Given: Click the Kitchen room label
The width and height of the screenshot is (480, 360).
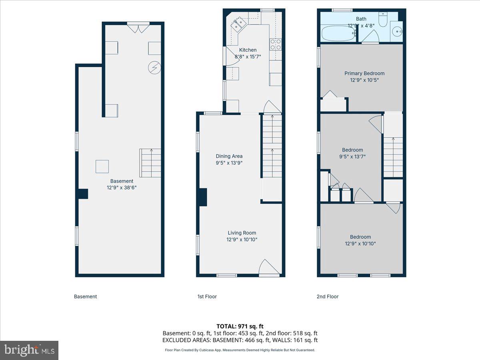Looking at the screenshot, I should point(248,50).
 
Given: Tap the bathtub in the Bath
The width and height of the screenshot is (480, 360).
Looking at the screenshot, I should point(338,34).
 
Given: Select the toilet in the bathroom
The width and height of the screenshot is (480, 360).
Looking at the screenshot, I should point(383,20).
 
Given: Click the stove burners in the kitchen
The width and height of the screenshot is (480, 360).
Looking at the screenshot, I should point(276,44).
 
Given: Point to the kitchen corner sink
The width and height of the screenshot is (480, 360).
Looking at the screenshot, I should point(239,24).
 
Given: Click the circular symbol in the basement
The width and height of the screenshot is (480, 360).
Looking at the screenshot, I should point(154,68).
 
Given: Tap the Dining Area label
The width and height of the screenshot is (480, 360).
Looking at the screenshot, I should point(229,156).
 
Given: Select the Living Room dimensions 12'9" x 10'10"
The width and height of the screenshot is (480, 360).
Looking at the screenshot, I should point(242,240).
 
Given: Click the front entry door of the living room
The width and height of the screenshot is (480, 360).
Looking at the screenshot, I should point(269,268).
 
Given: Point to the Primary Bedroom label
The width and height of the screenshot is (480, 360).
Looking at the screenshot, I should point(364,73).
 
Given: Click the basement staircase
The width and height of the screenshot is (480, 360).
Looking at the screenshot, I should point(150,163).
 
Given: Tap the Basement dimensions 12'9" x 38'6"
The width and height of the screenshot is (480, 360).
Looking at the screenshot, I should point(122,188).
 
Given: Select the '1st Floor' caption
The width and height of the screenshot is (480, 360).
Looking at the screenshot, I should point(207,296).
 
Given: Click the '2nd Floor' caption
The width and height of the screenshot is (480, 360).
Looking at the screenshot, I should point(327,296).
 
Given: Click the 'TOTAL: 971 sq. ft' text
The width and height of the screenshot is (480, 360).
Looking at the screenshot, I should point(240,326).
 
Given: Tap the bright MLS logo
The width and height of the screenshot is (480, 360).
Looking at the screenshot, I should point(29,350).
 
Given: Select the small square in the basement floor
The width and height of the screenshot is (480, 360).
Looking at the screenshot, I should point(102,166).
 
